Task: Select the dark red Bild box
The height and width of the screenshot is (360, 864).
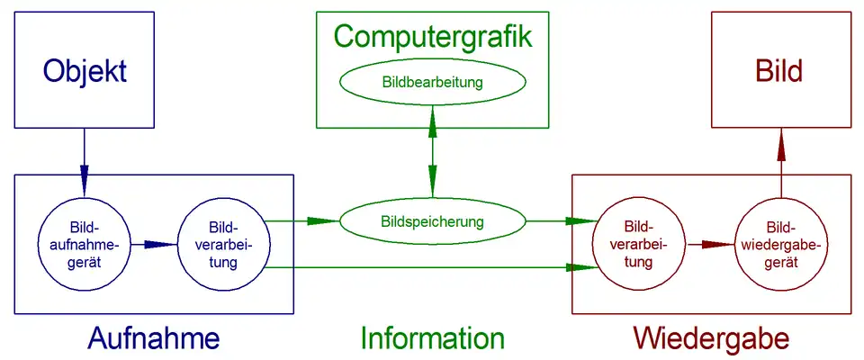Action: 778,70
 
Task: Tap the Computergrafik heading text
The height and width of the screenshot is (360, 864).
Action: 433,37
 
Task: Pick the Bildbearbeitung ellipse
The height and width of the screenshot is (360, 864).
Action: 433,83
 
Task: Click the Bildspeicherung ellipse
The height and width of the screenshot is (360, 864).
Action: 433,220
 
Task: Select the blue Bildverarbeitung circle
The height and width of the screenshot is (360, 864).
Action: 221,243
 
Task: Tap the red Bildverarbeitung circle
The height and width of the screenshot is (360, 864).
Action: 639,243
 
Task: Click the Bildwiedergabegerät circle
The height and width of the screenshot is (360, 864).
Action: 779,243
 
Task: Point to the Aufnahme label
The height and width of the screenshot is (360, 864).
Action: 154,338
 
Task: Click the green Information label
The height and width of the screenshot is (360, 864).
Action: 433,338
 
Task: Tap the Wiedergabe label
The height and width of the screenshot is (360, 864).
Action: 711,338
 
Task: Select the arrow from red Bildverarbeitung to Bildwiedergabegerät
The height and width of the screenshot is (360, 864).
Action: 709,243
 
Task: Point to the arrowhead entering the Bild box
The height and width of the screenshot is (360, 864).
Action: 780,145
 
